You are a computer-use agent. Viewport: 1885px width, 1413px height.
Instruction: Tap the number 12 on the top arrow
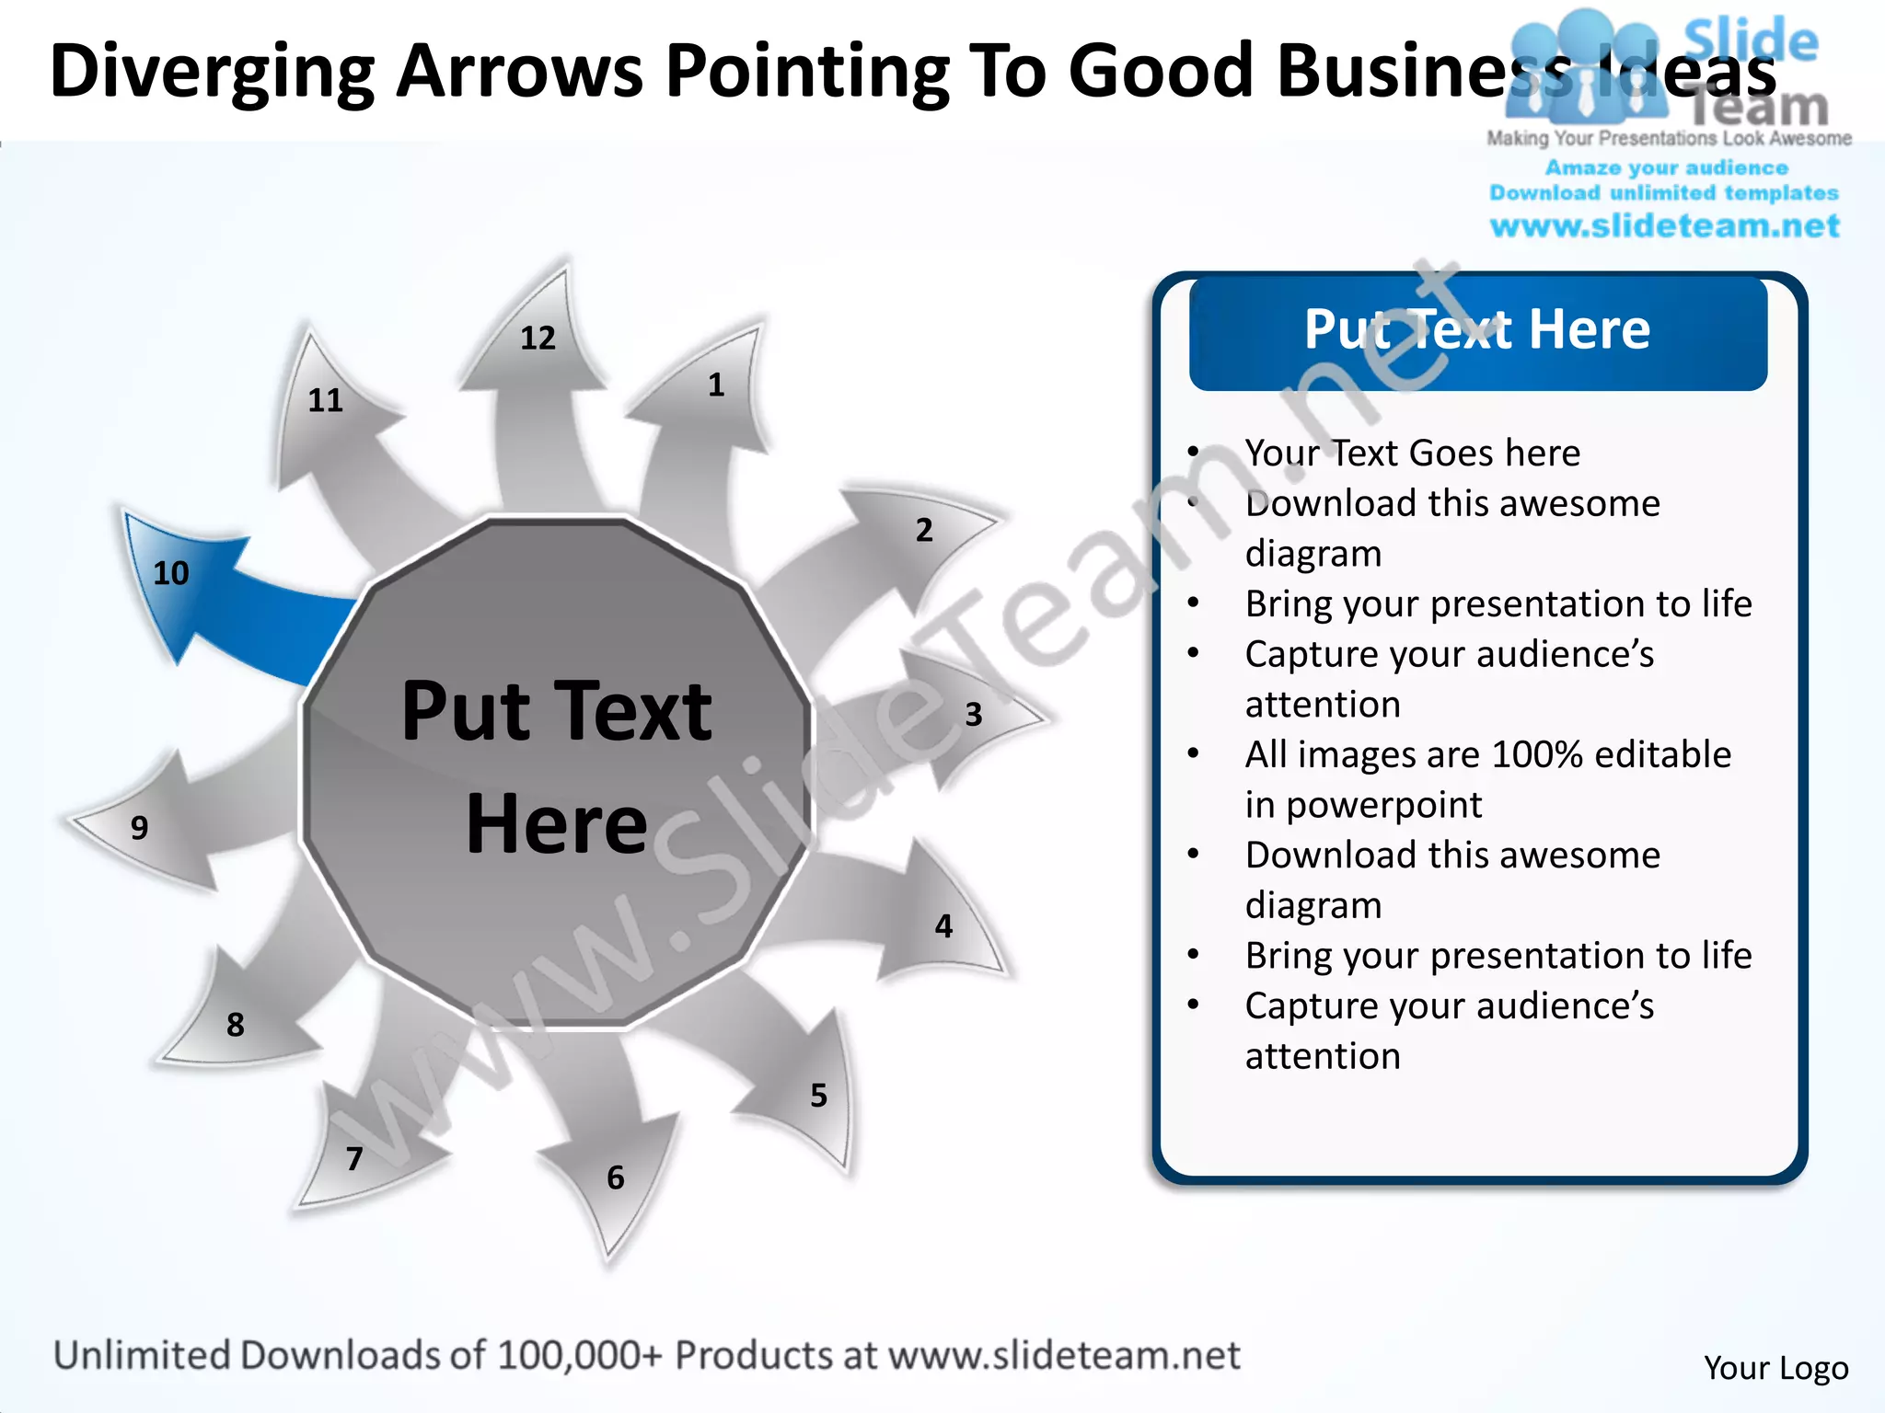pyautogui.click(x=538, y=339)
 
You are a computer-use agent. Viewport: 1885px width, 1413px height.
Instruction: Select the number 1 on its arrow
pyautogui.click(x=716, y=385)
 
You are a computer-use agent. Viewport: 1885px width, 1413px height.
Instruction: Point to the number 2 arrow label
pyautogui.click(x=924, y=530)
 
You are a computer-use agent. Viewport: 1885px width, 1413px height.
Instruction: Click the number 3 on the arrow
pyautogui.click(x=974, y=714)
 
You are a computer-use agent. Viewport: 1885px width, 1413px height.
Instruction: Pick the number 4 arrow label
pyautogui.click(x=943, y=925)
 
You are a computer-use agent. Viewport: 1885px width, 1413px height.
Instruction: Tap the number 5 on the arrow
pyautogui.click(x=818, y=1095)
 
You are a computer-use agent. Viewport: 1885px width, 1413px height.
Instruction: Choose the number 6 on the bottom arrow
pyautogui.click(x=616, y=1177)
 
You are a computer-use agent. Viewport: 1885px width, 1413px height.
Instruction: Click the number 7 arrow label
pyautogui.click(x=354, y=1158)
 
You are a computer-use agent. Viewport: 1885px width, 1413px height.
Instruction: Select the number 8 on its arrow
pyautogui.click(x=236, y=1024)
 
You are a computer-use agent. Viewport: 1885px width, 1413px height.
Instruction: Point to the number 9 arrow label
pyautogui.click(x=139, y=827)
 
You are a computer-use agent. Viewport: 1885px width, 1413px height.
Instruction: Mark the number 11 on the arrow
pyautogui.click(x=325, y=400)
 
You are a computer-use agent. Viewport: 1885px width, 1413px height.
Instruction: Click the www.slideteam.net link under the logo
pyautogui.click(x=1664, y=225)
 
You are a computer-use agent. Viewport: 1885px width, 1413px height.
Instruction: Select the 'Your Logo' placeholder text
pyautogui.click(x=1775, y=1368)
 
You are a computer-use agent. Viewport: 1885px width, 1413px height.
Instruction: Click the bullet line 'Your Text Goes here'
pyautogui.click(x=1412, y=453)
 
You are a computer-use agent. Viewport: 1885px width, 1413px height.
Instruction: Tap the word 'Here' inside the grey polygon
pyautogui.click(x=557, y=823)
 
